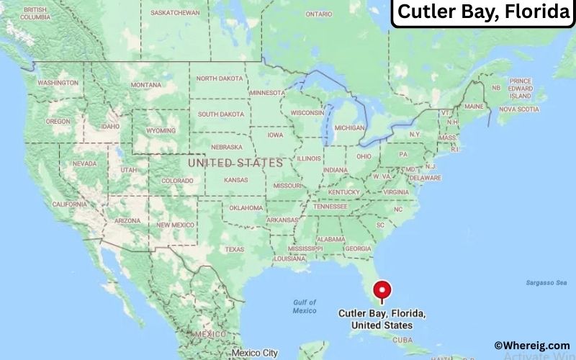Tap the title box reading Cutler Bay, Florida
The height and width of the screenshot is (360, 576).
click(483, 12)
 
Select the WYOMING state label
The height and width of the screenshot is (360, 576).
click(161, 130)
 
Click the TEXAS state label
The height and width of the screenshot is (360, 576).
click(235, 249)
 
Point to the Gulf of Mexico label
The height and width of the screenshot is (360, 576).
click(305, 306)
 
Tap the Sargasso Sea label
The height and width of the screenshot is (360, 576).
click(547, 283)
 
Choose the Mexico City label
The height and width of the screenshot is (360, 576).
click(254, 353)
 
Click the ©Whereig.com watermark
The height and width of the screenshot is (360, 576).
click(532, 346)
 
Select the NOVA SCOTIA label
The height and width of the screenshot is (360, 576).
click(518, 109)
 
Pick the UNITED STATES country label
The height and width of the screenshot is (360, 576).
click(235, 163)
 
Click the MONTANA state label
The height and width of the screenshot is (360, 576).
click(146, 85)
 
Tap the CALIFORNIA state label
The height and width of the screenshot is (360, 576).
click(70, 204)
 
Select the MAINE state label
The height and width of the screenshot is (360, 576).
click(474, 106)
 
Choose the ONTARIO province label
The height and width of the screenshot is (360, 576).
click(318, 14)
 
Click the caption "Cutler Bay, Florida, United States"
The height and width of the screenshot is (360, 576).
click(382, 320)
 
